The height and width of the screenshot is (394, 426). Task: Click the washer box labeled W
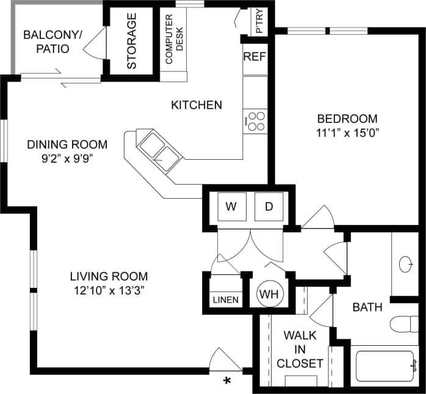coord(231,206)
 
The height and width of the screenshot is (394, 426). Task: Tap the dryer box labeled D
coord(269,206)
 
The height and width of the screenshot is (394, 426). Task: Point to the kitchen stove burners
coord(256,120)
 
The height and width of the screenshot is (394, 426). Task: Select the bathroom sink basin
coord(406,264)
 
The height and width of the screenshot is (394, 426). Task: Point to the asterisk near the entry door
coord(228,381)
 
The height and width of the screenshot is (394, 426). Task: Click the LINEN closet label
coord(226,300)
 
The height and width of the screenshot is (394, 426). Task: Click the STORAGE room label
coord(132,40)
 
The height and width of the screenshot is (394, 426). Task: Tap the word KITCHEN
coord(196,105)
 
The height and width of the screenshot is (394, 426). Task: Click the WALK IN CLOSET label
coord(300,349)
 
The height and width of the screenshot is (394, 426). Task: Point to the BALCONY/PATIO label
coord(52,41)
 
